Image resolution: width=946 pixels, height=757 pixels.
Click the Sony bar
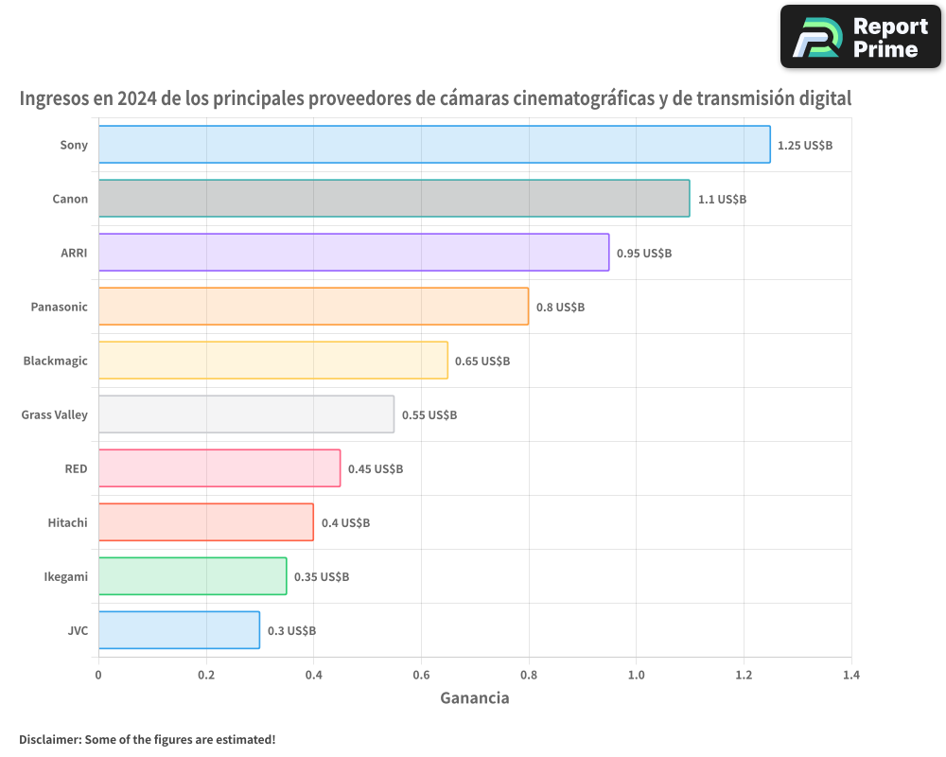click(434, 145)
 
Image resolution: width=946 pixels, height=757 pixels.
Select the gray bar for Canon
click(394, 199)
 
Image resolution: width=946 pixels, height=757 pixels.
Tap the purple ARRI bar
click(354, 253)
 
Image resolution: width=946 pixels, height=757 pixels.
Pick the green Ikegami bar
click(192, 576)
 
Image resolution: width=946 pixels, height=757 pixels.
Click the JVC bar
click(179, 630)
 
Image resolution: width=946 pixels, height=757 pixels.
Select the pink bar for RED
click(219, 468)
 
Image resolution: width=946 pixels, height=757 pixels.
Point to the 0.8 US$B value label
click(560, 308)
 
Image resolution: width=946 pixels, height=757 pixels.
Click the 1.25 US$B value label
click(804, 146)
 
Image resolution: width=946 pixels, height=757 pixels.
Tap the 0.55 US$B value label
click(429, 415)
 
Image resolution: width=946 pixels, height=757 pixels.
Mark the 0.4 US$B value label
click(345, 523)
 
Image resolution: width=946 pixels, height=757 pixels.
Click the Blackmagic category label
click(55, 361)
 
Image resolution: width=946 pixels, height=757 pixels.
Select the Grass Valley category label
click(54, 414)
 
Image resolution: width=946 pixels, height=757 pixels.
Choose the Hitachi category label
click(67, 522)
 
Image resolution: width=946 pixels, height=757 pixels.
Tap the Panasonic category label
click(59, 307)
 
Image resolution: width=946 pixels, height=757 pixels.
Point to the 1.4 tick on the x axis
click(850, 676)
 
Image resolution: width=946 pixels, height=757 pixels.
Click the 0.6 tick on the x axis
click(421, 676)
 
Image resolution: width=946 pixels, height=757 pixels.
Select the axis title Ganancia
click(474, 698)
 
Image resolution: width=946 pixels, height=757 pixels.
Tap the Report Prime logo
click(860, 37)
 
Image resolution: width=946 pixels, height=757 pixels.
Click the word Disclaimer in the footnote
click(49, 739)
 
